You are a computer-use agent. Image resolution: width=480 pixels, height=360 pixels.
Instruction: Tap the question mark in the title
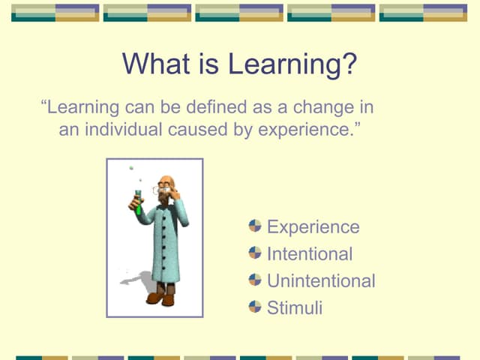(x=347, y=64)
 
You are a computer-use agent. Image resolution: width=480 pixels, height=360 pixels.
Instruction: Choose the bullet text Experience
(x=313, y=226)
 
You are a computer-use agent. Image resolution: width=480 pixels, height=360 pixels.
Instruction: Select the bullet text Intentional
(x=309, y=253)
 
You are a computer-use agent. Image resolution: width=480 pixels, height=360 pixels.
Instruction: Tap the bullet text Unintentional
(x=320, y=280)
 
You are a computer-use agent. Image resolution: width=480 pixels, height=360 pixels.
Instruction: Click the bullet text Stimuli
(x=294, y=307)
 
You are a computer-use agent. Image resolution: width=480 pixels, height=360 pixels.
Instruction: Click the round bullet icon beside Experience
(x=255, y=226)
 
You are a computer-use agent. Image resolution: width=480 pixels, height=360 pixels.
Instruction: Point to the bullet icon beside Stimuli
(x=255, y=307)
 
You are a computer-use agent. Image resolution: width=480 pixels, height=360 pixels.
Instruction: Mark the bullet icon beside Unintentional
(x=255, y=280)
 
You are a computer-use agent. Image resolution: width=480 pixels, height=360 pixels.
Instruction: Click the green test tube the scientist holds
(x=138, y=202)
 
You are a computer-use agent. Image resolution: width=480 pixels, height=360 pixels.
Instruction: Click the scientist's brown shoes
(x=160, y=298)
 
